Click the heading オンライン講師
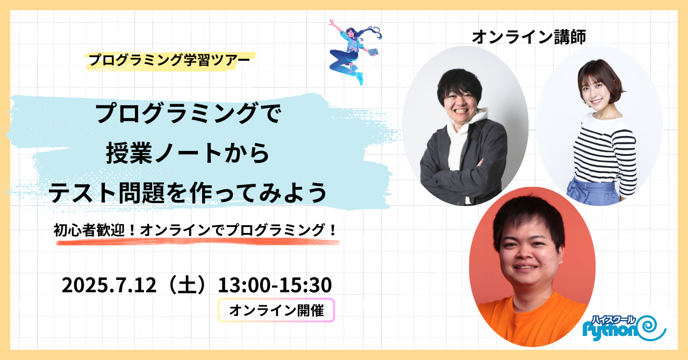click(x=529, y=37)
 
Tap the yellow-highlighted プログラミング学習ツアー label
click(x=170, y=60)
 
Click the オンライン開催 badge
click(x=276, y=310)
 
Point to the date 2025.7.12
click(x=109, y=285)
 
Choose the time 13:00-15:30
click(x=275, y=285)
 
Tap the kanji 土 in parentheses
click(x=187, y=285)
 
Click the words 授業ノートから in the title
click(x=188, y=153)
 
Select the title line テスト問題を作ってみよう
click(x=188, y=193)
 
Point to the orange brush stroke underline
click(x=198, y=242)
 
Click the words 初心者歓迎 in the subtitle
click(x=89, y=230)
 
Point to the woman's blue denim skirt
click(x=593, y=191)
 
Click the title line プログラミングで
click(x=188, y=113)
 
